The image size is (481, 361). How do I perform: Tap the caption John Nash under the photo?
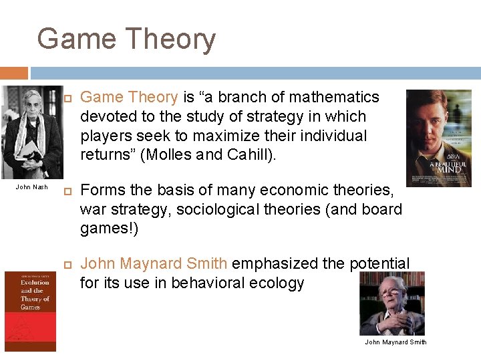pyautogui.click(x=31, y=187)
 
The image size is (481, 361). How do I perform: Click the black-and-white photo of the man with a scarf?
pyautogui.click(x=32, y=132)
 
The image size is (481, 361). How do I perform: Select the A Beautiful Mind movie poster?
pyautogui.click(x=438, y=138)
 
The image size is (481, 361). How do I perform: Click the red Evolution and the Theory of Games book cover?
pyautogui.click(x=30, y=311)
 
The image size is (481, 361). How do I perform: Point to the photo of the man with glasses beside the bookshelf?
pyautogui.click(x=391, y=304)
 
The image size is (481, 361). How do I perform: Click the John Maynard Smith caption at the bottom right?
pyautogui.click(x=395, y=342)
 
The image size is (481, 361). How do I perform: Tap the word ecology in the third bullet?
pyautogui.click(x=277, y=283)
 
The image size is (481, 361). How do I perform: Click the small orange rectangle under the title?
pyautogui.click(x=14, y=73)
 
